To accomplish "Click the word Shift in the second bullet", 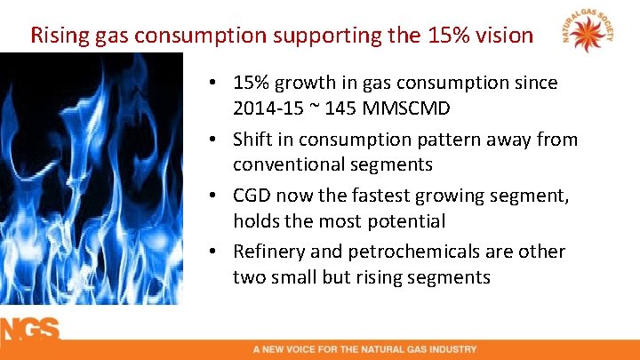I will pos(253,140).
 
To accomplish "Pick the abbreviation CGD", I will pos(253,196).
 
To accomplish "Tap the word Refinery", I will pos(270,252).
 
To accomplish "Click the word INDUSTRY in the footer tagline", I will pos(452,349).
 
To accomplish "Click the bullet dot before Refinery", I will pos(218,252).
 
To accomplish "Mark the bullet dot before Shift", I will pos(218,140).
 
